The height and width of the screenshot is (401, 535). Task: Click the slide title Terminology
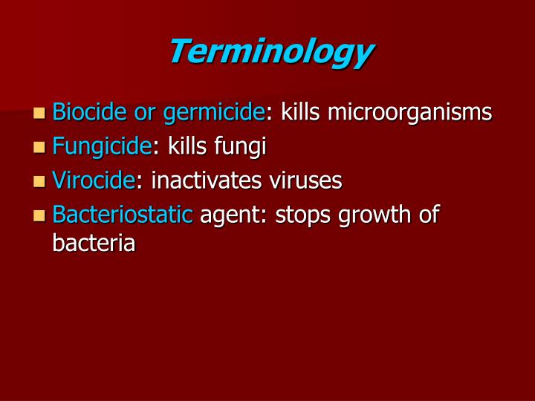pyautogui.click(x=270, y=52)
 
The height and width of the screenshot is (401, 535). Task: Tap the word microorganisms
pyautogui.click(x=409, y=113)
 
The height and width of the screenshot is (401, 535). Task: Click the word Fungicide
pyautogui.click(x=102, y=147)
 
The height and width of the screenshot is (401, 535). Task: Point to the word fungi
pyautogui.click(x=240, y=147)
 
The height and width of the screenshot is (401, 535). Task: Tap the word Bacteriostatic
pyautogui.click(x=123, y=215)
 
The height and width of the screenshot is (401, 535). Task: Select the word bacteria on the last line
pyautogui.click(x=94, y=243)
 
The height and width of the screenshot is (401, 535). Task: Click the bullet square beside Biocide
pyautogui.click(x=39, y=114)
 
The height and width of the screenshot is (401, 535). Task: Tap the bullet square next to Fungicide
pyautogui.click(x=39, y=148)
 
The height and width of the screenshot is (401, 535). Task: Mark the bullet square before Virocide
pyautogui.click(x=39, y=181)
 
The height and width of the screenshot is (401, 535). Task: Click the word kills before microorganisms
pyautogui.click(x=301, y=112)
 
